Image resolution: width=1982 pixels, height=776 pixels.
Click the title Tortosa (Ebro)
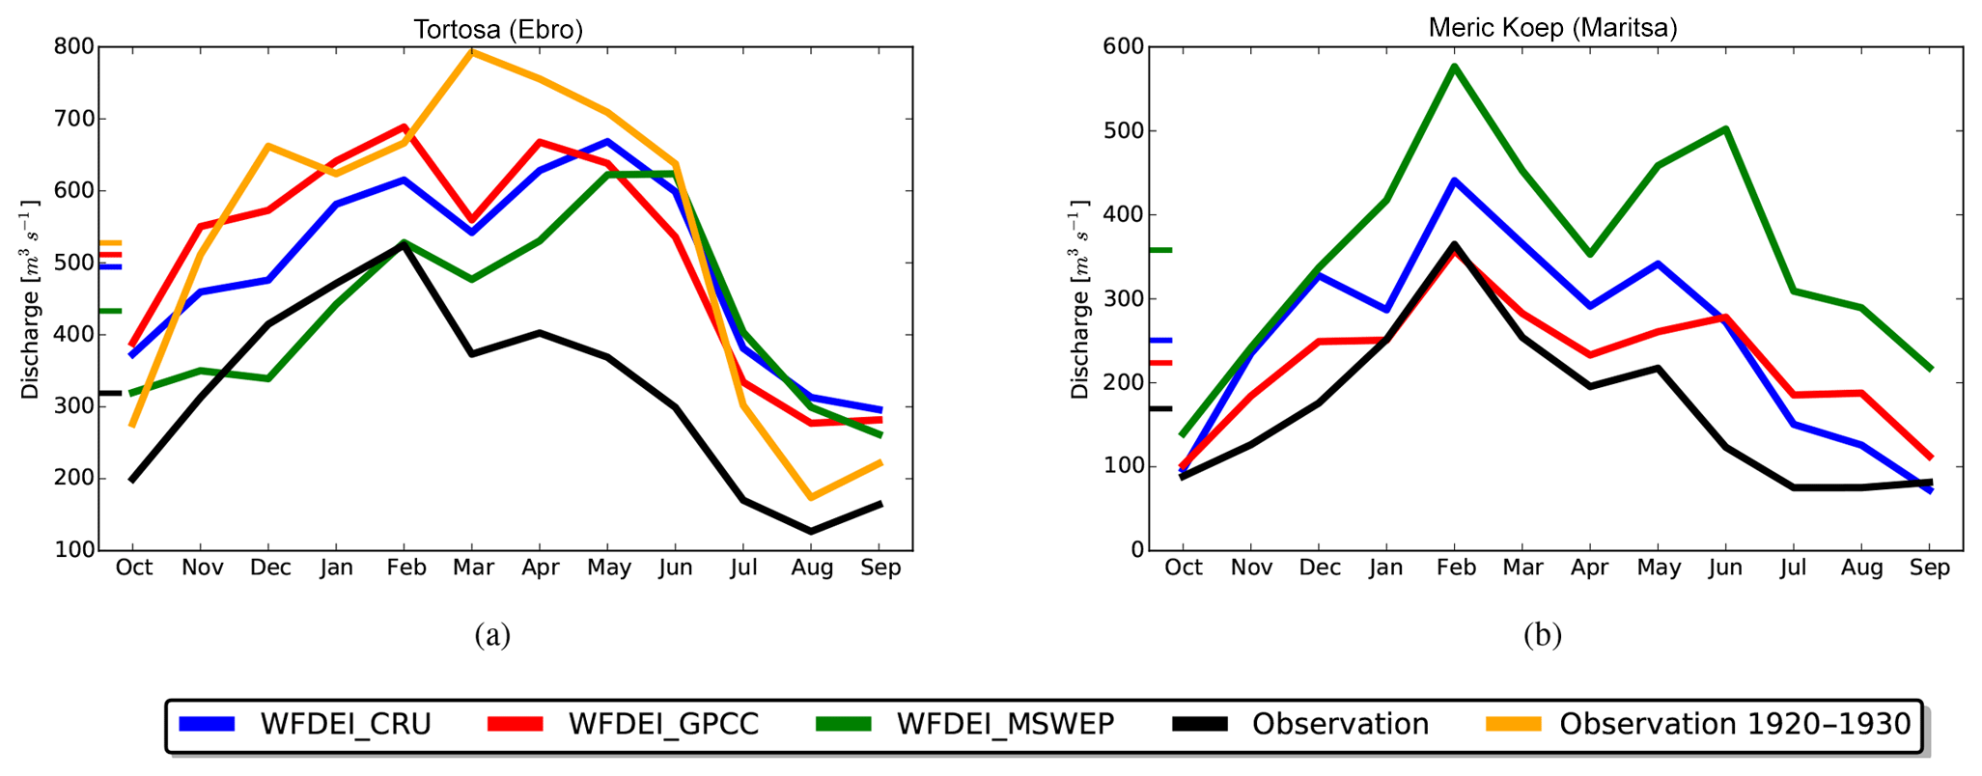[498, 29]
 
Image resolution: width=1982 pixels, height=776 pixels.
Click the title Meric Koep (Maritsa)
[1552, 28]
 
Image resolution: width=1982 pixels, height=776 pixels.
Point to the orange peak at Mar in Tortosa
[472, 51]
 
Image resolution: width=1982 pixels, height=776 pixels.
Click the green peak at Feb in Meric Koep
[1454, 67]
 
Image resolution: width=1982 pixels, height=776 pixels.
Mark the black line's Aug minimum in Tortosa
[811, 531]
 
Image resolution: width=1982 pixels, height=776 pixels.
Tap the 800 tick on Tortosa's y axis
[75, 46]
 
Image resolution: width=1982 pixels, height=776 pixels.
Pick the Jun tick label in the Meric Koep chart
[1725, 568]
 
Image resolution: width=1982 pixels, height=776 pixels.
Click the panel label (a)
[492, 634]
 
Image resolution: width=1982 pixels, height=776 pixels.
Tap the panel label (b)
[1542, 634]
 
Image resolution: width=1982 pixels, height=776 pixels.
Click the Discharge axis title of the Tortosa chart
[31, 300]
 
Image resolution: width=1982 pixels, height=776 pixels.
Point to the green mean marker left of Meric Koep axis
[1159, 250]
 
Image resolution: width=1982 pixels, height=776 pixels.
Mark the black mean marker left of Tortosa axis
[110, 393]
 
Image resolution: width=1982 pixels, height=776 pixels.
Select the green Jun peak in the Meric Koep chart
[1725, 128]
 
